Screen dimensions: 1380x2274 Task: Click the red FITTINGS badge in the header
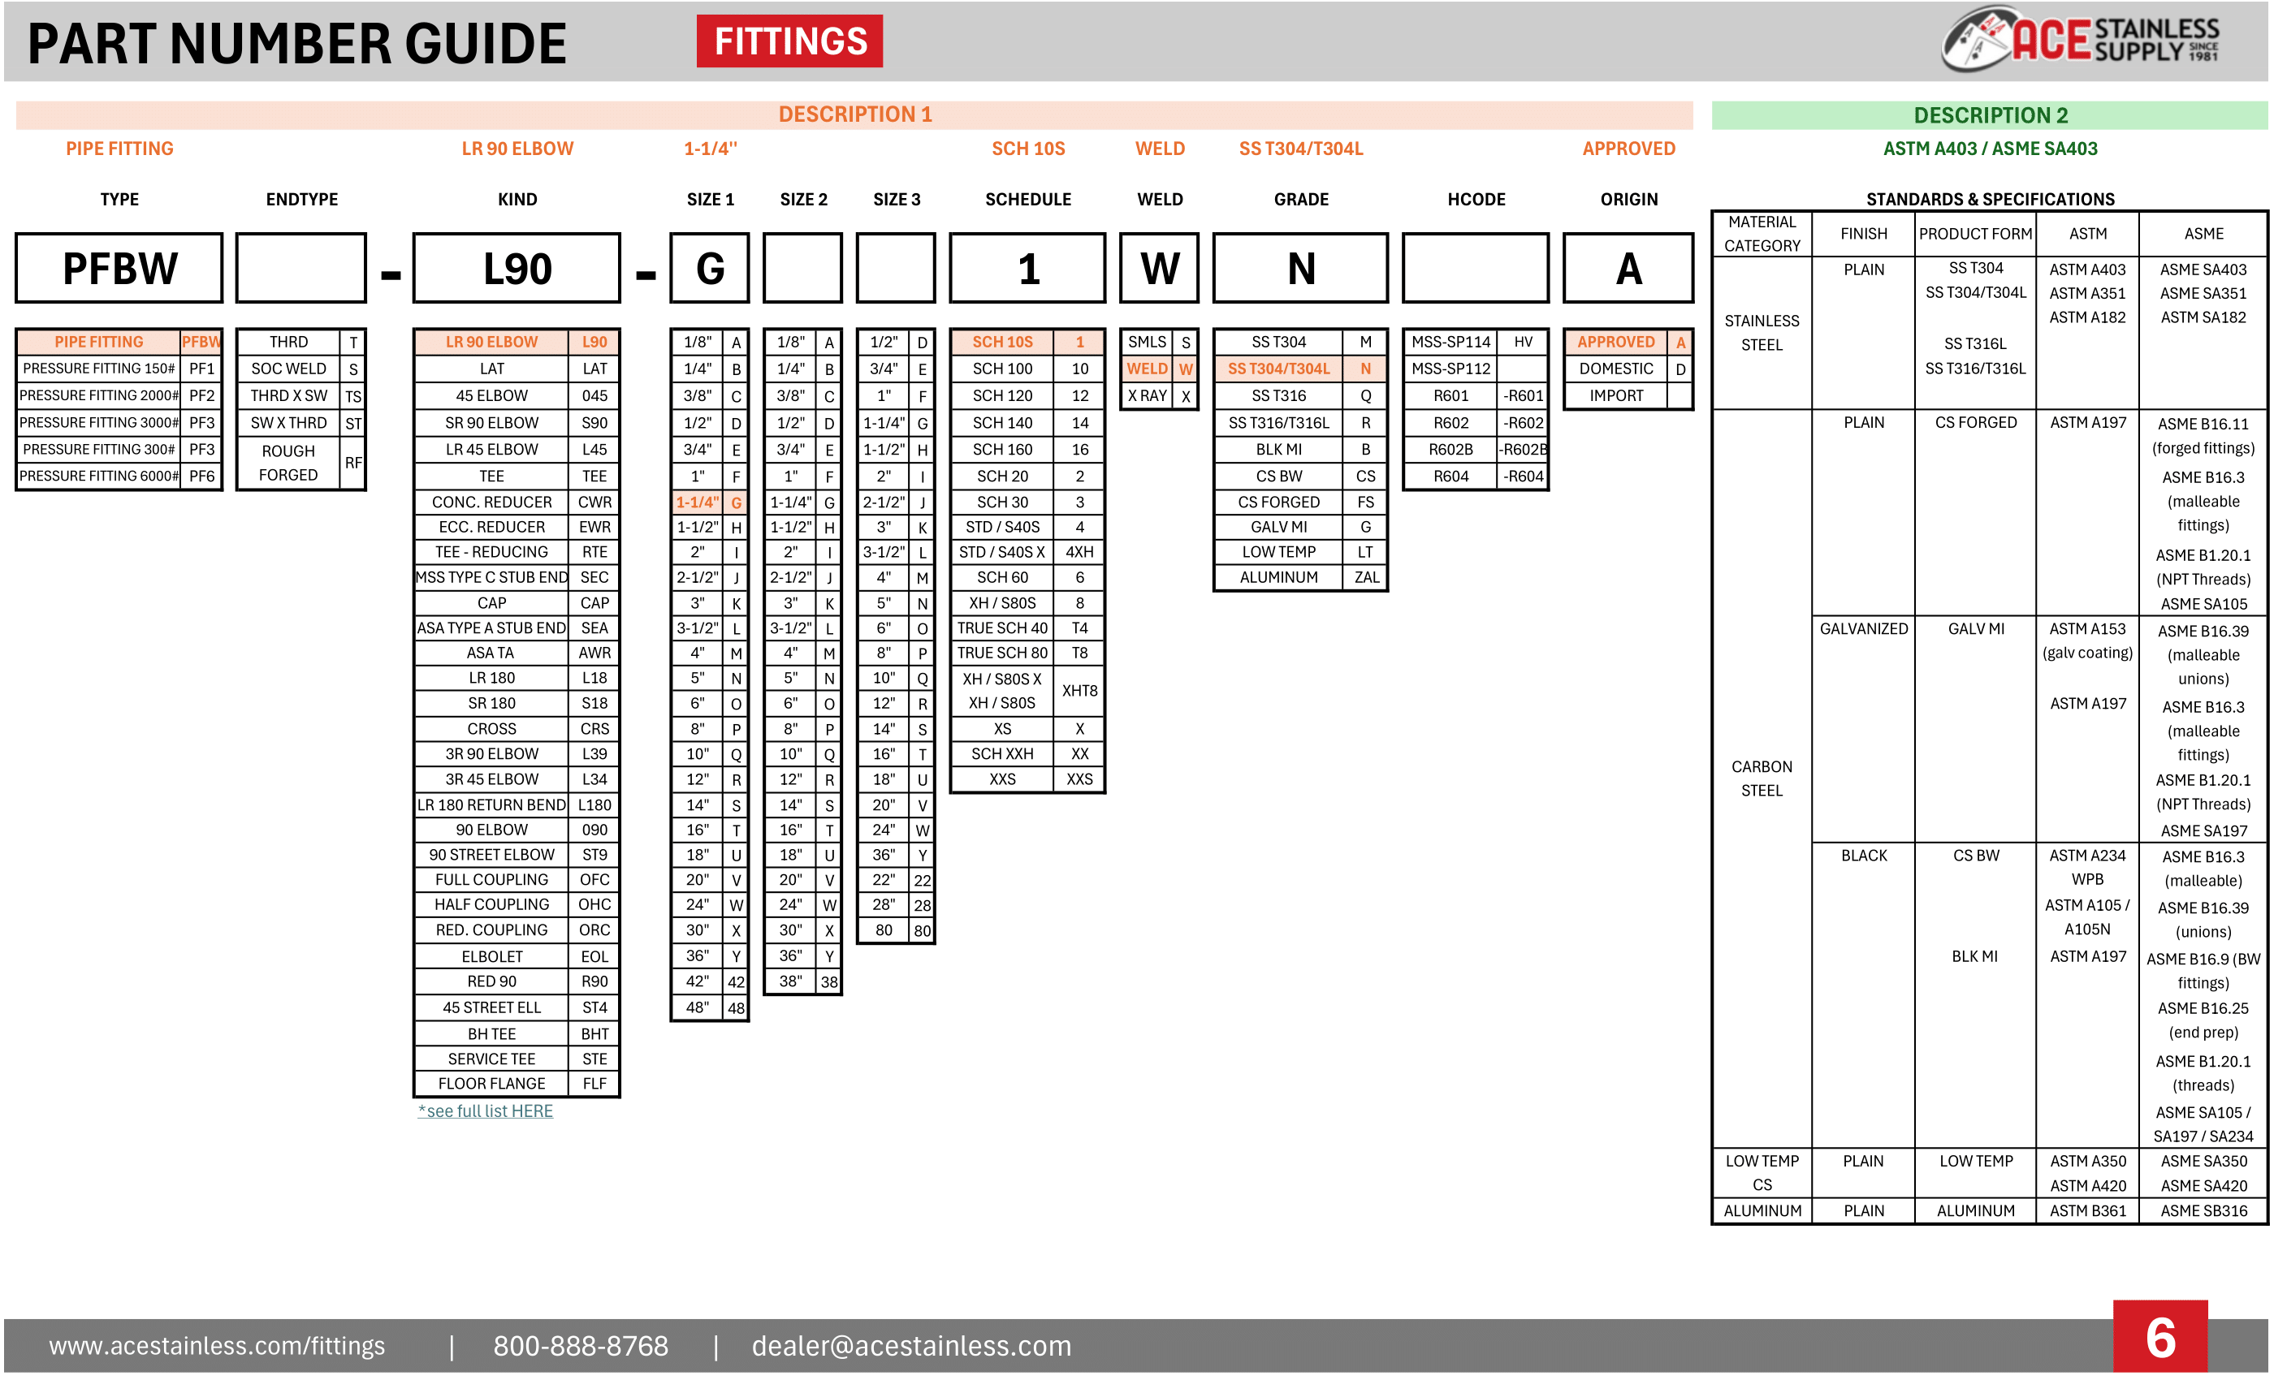click(789, 41)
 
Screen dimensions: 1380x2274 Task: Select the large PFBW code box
click(119, 269)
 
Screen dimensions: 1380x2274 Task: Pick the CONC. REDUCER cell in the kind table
click(491, 502)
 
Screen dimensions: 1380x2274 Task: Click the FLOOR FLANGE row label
click(491, 1084)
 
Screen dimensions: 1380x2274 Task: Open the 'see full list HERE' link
click(486, 1111)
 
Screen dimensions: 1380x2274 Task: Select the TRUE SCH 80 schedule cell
click(1002, 653)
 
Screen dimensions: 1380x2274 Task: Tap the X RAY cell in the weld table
click(1147, 396)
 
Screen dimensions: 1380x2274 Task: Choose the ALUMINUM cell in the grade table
click(1278, 577)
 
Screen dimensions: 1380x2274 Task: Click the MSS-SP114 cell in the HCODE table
click(1450, 343)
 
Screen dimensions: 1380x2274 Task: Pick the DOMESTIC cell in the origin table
click(1615, 369)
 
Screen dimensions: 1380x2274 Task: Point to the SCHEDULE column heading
click(1027, 199)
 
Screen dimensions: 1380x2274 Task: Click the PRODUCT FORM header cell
click(1975, 235)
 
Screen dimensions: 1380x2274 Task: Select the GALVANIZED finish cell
click(1863, 629)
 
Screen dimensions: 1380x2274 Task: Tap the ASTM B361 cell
click(2086, 1211)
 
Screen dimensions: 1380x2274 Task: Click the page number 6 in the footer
click(2159, 1338)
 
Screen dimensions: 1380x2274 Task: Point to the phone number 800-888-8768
click(581, 1346)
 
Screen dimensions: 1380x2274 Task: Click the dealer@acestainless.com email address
click(911, 1346)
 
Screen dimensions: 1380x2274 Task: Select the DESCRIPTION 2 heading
click(1990, 115)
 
